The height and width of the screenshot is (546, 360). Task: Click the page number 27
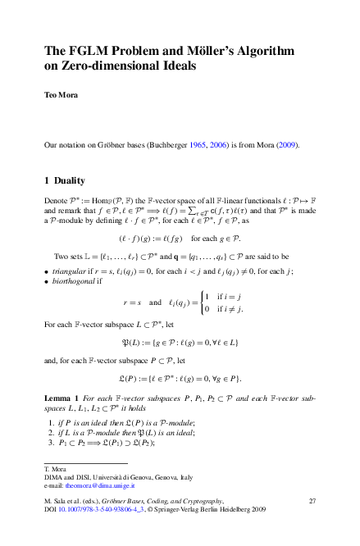pos(312,500)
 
